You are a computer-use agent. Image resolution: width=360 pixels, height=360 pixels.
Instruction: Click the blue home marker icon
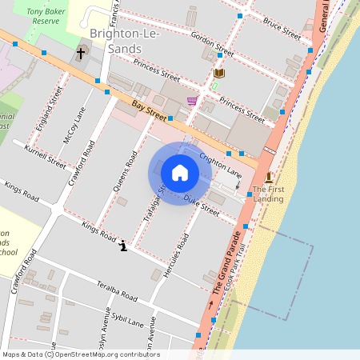[180, 172]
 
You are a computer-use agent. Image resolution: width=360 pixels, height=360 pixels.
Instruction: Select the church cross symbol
[80, 54]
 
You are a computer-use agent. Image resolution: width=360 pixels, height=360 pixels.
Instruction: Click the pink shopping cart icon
[192, 101]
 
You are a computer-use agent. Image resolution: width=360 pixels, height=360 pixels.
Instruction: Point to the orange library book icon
[220, 73]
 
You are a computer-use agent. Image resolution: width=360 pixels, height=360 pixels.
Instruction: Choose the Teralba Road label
[118, 291]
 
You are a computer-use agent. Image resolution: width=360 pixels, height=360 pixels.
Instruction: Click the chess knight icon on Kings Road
[122, 246]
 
